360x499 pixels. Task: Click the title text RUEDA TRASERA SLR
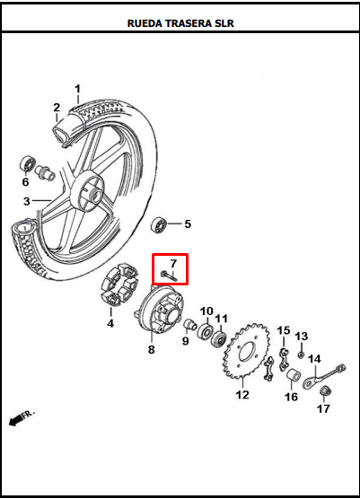[x=180, y=22]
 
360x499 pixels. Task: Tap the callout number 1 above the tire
[x=77, y=89]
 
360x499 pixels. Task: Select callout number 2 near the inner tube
[x=57, y=109]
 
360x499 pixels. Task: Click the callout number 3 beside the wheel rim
[x=27, y=200]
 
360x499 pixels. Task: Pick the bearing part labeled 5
[x=162, y=224]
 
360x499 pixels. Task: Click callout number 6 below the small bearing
[x=25, y=182]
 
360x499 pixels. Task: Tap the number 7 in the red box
[x=173, y=262]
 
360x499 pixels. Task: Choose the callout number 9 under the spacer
[x=184, y=341]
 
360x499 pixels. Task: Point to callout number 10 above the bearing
[x=206, y=311]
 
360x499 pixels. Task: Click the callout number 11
[x=222, y=319]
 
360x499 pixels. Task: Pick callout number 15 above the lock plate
[x=284, y=331]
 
